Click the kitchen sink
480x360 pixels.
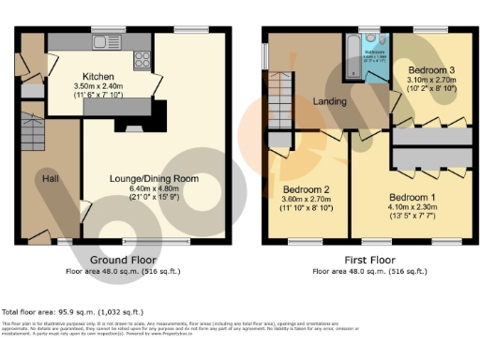[100, 44]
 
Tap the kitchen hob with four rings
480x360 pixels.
[143, 58]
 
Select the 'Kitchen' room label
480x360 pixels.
[98, 76]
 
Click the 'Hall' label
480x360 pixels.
[50, 176]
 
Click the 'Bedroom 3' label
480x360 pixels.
[433, 69]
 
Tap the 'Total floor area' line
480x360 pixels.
[74, 311]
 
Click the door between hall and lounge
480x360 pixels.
[85, 210]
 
